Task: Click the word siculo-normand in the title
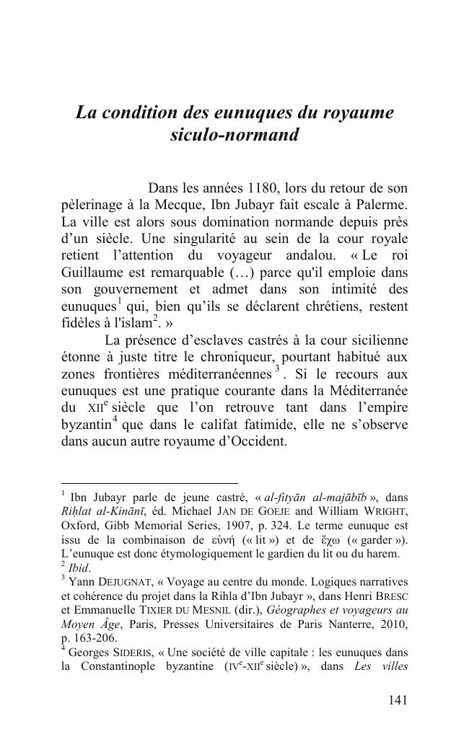click(x=234, y=135)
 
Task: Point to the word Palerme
click(x=380, y=205)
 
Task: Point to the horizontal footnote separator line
click(x=149, y=483)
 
